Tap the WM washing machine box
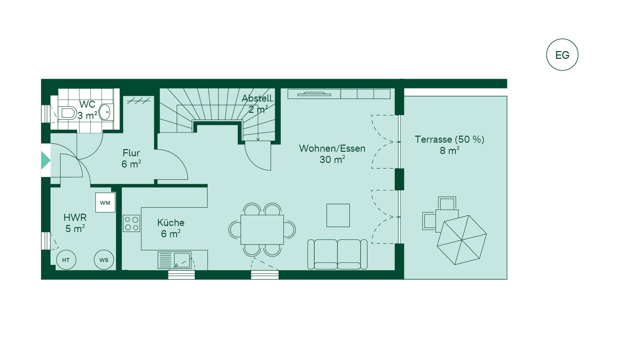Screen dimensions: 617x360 (x=105, y=203)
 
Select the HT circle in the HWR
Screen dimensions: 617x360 (x=66, y=260)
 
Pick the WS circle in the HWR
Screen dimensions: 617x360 (x=104, y=260)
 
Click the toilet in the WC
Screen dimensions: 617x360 (x=67, y=113)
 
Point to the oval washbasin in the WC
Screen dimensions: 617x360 (x=105, y=112)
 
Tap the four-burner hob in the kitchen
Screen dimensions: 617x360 (x=131, y=223)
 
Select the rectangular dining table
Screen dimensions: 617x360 (x=262, y=230)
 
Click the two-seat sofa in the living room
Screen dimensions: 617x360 (x=337, y=254)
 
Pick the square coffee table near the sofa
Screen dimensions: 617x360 (x=338, y=215)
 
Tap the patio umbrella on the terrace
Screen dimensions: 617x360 (x=462, y=240)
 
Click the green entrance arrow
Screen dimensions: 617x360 (x=46, y=160)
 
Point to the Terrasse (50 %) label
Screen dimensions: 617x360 (x=450, y=139)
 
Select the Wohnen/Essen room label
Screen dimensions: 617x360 (x=332, y=148)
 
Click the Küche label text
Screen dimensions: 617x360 (x=171, y=222)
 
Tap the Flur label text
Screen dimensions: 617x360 (x=131, y=153)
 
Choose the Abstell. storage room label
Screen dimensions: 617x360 (x=258, y=98)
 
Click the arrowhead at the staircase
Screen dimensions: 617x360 (x=258, y=139)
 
